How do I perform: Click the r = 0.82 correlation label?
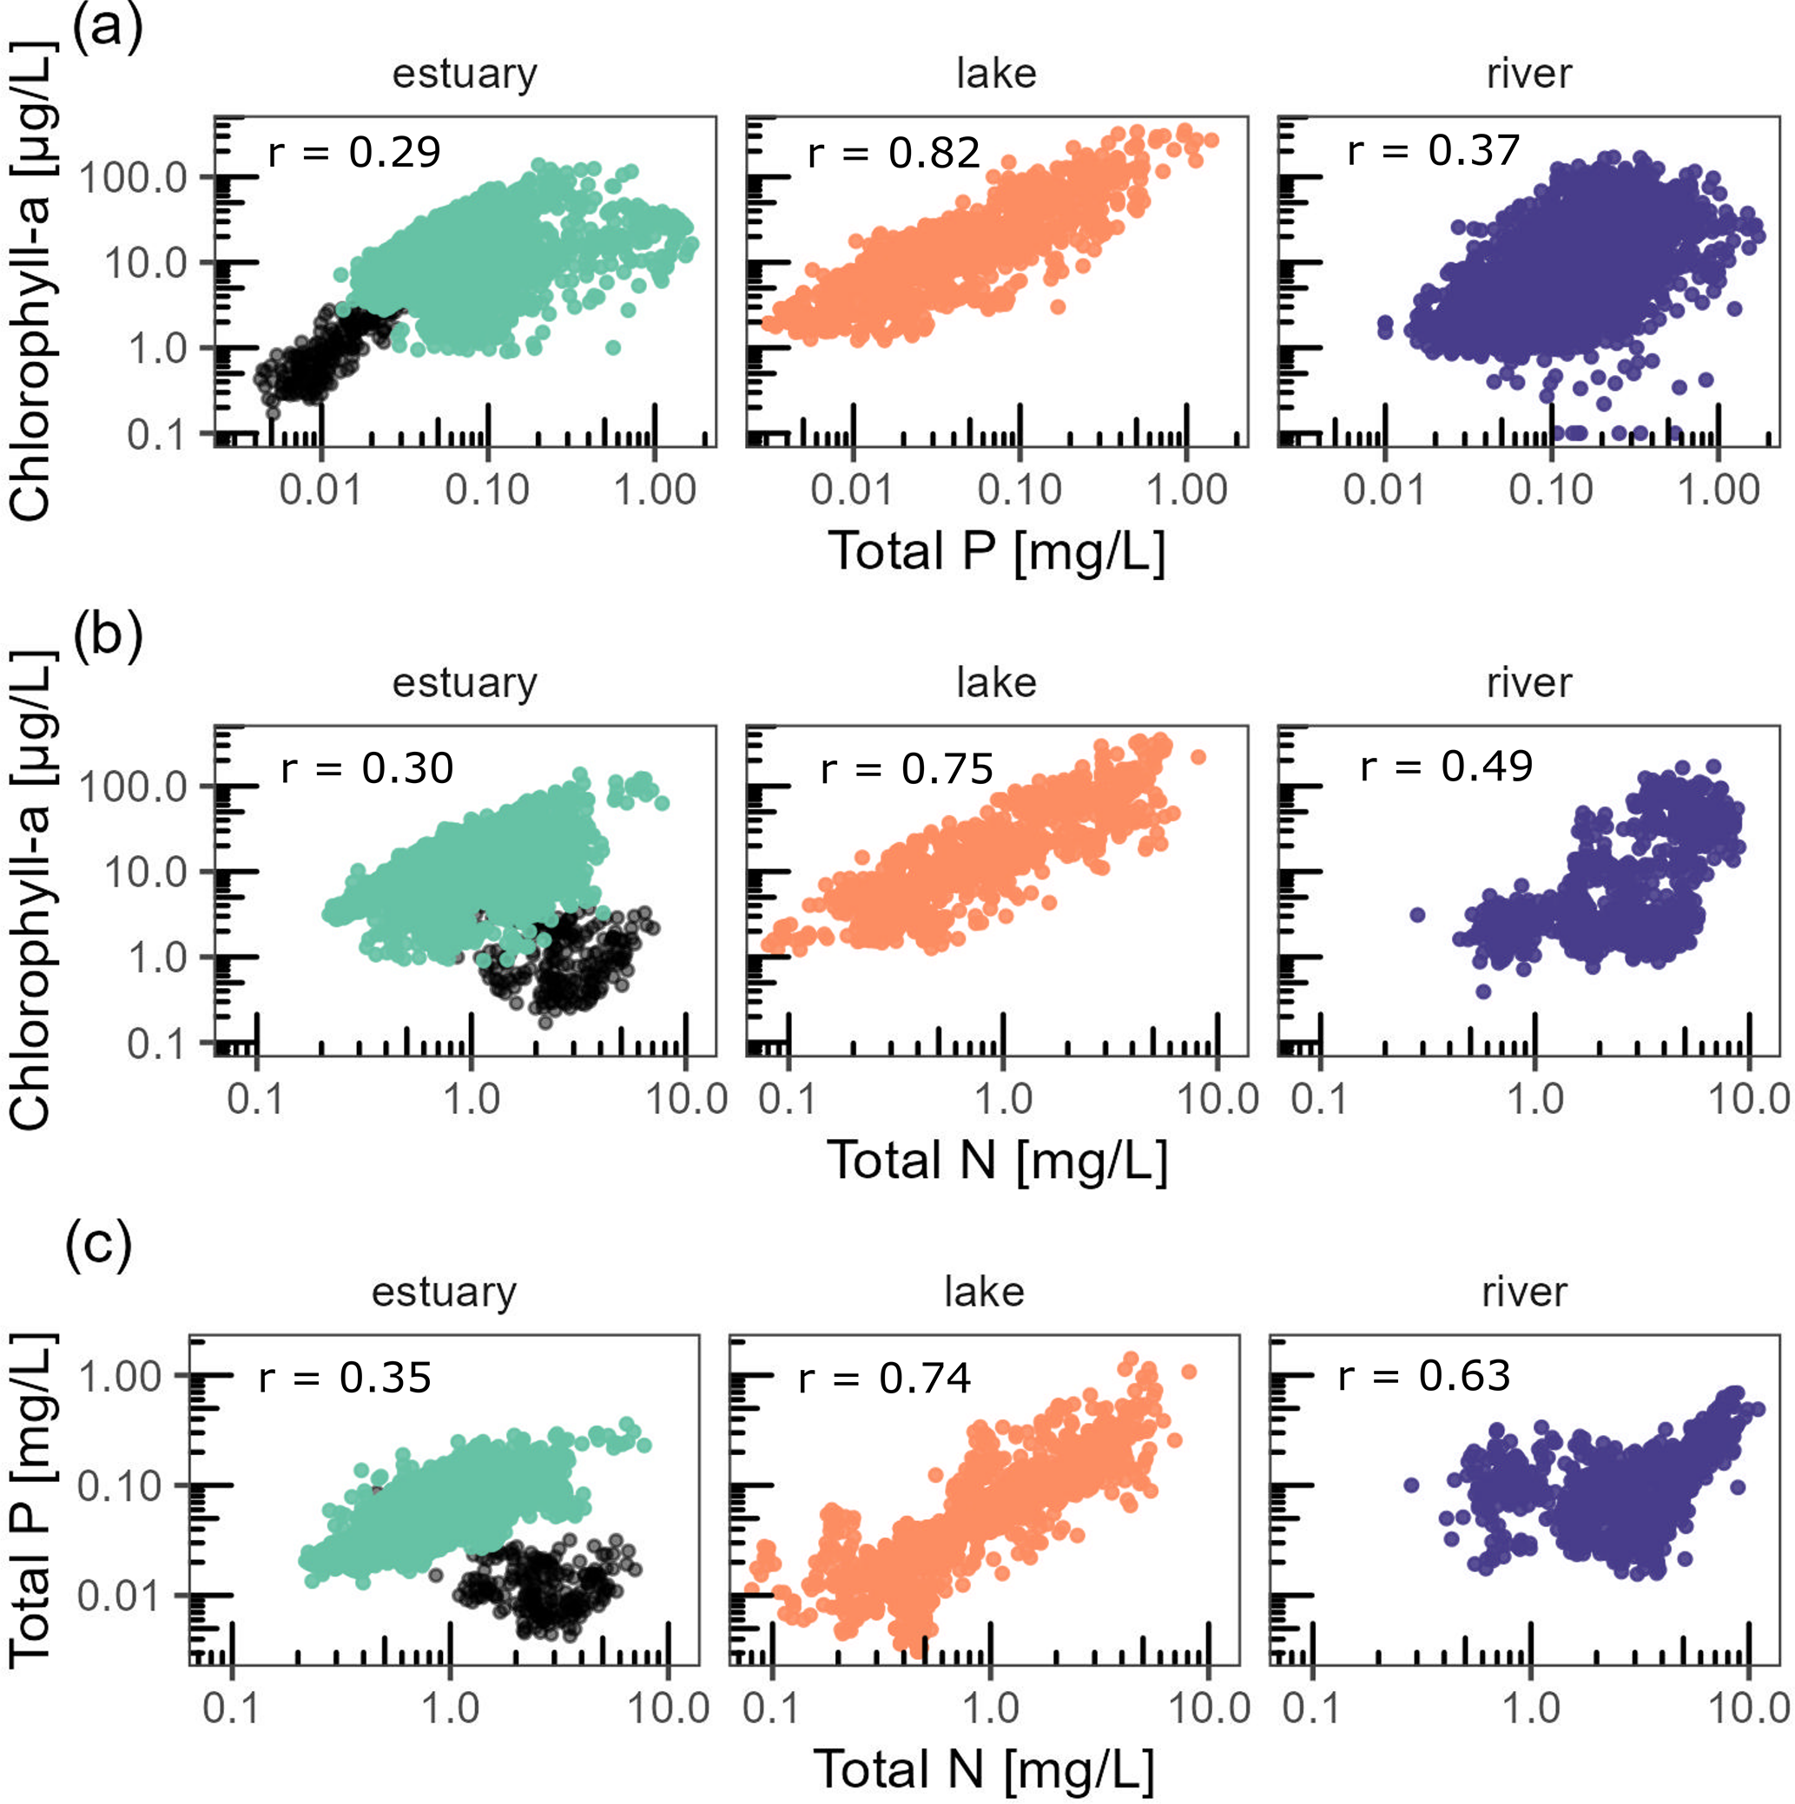894,152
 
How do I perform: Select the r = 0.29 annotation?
354,152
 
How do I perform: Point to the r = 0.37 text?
1434,150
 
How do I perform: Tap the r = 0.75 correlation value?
907,768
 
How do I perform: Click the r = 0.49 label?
1447,766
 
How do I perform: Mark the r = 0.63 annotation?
1424,1375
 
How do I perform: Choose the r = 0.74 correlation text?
884,1379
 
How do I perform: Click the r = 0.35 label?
345,1379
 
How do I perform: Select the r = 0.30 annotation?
367,768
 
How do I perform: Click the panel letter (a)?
108,28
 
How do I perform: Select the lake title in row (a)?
996,74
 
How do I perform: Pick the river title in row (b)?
1528,682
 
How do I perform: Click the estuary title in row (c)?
444,1292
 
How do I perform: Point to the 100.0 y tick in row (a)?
133,176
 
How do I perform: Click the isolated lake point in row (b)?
1198,756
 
